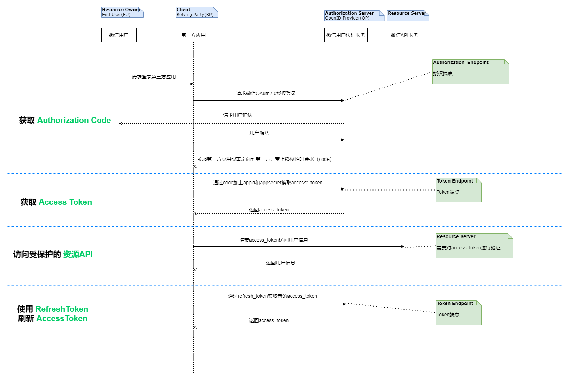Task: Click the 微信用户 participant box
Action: point(119,35)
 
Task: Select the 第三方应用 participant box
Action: point(193,35)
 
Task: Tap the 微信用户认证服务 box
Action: point(346,35)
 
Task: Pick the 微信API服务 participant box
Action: point(404,35)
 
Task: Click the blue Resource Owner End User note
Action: point(122,12)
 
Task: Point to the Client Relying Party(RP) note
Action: point(197,12)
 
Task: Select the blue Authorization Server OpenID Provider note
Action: point(354,16)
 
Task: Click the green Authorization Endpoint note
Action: point(470,71)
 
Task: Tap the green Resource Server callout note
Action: point(474,246)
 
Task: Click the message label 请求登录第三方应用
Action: point(154,77)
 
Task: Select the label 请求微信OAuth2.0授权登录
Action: point(266,93)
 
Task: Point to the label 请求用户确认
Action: point(238,115)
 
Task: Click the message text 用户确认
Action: point(259,133)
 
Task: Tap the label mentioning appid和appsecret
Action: point(268,183)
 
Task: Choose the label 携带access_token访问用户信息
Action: point(274,240)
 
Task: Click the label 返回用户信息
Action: point(280,263)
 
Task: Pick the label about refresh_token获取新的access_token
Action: point(272,296)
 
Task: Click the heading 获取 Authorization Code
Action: point(65,120)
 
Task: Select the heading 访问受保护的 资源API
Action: point(53,254)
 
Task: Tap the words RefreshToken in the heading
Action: point(62,309)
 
